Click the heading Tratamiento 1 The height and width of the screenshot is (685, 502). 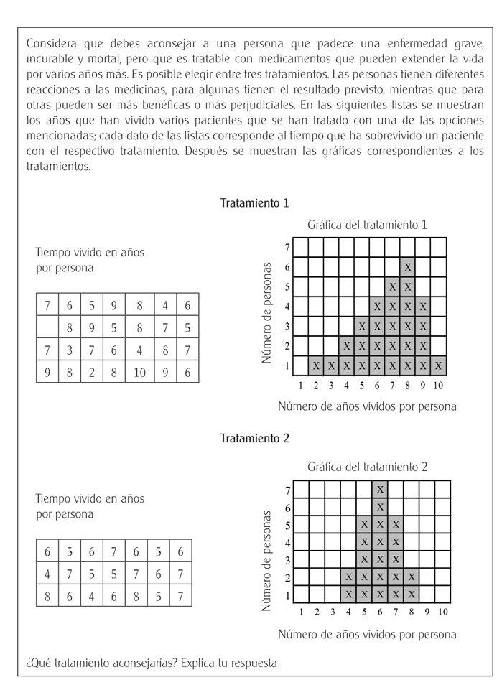[254, 203]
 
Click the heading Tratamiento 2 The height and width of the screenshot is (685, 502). [254, 438]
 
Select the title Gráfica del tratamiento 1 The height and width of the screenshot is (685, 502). [367, 225]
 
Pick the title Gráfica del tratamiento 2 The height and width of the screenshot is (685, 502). [367, 467]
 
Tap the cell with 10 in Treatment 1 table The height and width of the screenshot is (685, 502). [139, 372]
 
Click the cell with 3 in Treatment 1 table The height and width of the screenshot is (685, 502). [69, 350]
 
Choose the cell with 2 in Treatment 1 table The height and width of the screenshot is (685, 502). [92, 372]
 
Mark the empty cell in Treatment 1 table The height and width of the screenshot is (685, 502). [47, 327]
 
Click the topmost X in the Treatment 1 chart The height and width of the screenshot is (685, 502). [408, 267]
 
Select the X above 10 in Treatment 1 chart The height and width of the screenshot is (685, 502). [439, 365]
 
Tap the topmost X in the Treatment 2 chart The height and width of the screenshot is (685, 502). [380, 490]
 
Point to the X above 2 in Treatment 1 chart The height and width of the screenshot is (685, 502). [316, 365]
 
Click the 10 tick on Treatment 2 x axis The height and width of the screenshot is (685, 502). [442, 612]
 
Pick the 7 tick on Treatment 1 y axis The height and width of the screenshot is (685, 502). [287, 248]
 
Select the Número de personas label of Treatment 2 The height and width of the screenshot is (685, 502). [268, 560]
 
